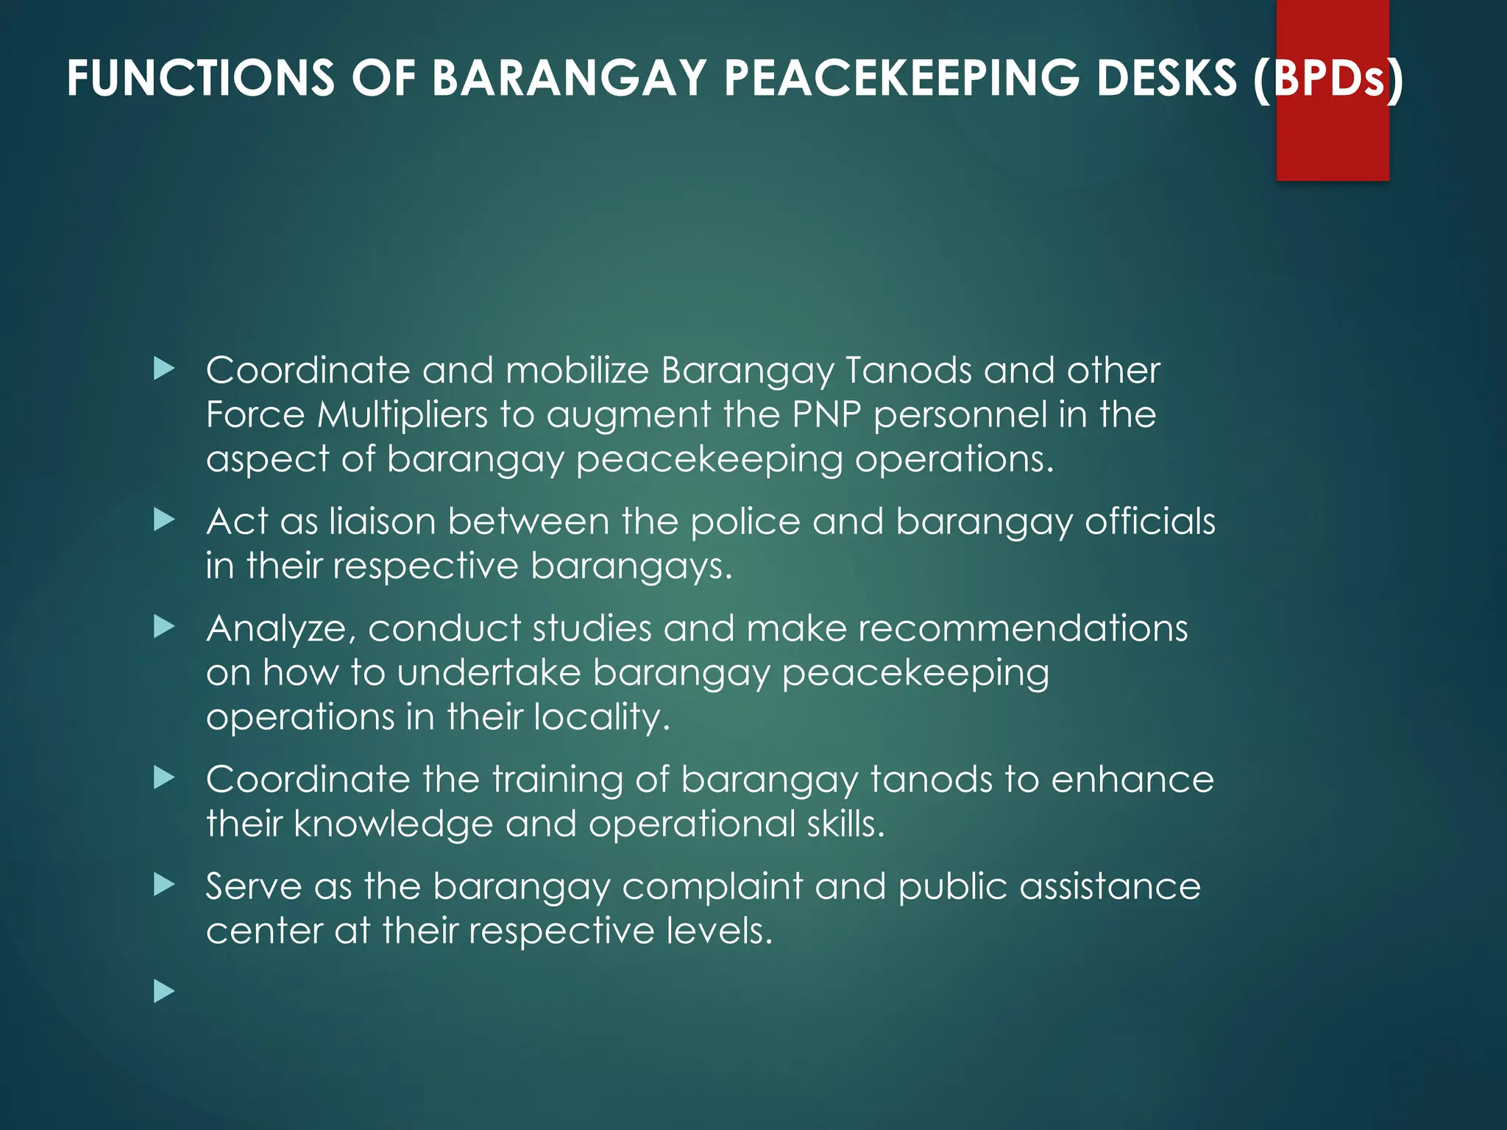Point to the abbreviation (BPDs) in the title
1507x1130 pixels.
(x=1329, y=78)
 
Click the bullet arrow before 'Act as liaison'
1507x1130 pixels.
(x=164, y=521)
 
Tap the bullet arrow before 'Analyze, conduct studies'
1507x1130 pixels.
(x=164, y=628)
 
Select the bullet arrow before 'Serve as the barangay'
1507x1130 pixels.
(x=164, y=885)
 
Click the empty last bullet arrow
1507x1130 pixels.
(x=164, y=992)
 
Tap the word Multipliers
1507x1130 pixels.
(x=403, y=414)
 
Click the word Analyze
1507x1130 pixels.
(x=281, y=630)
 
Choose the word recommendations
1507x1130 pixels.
(x=1023, y=629)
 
